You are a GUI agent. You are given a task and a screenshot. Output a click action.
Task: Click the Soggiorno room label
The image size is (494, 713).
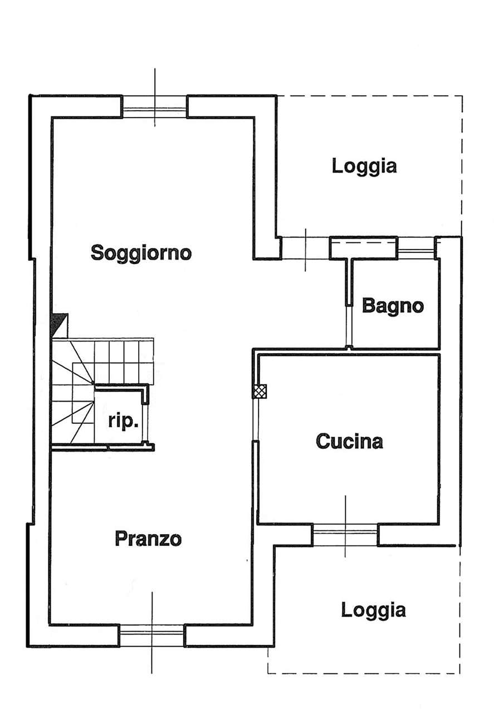click(x=141, y=253)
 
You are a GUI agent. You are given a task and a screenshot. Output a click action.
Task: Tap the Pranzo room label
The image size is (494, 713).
click(x=148, y=539)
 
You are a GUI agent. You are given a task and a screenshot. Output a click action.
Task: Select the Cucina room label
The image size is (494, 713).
click(x=350, y=442)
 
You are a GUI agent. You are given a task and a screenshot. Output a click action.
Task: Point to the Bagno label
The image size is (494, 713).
click(x=393, y=306)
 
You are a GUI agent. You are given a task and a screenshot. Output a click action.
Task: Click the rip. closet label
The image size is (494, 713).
click(x=123, y=422)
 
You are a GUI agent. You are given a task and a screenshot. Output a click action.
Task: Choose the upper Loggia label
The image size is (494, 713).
click(x=364, y=166)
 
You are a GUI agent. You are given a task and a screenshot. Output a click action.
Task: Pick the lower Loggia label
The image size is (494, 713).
click(x=373, y=610)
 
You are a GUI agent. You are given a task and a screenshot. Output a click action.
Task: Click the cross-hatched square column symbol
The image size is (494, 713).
click(x=260, y=392)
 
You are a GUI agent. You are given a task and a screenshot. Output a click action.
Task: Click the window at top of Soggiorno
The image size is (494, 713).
click(x=155, y=106)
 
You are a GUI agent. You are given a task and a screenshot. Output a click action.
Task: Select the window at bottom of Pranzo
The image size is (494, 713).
click(x=152, y=636)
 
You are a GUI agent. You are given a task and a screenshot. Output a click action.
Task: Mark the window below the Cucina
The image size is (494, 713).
click(x=345, y=535)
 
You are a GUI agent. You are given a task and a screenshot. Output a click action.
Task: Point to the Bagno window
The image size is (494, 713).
click(x=416, y=247)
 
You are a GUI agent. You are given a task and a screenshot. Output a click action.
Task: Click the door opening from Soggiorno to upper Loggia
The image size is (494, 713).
click(x=305, y=248)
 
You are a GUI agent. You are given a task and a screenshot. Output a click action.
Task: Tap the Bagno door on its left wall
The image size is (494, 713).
click(x=348, y=326)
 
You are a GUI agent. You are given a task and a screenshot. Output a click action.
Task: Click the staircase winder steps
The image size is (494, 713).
click(x=72, y=401)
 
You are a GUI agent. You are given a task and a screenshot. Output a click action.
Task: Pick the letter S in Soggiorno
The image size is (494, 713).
click(x=97, y=253)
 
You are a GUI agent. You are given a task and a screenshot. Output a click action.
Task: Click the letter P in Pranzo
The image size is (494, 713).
click(x=121, y=539)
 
